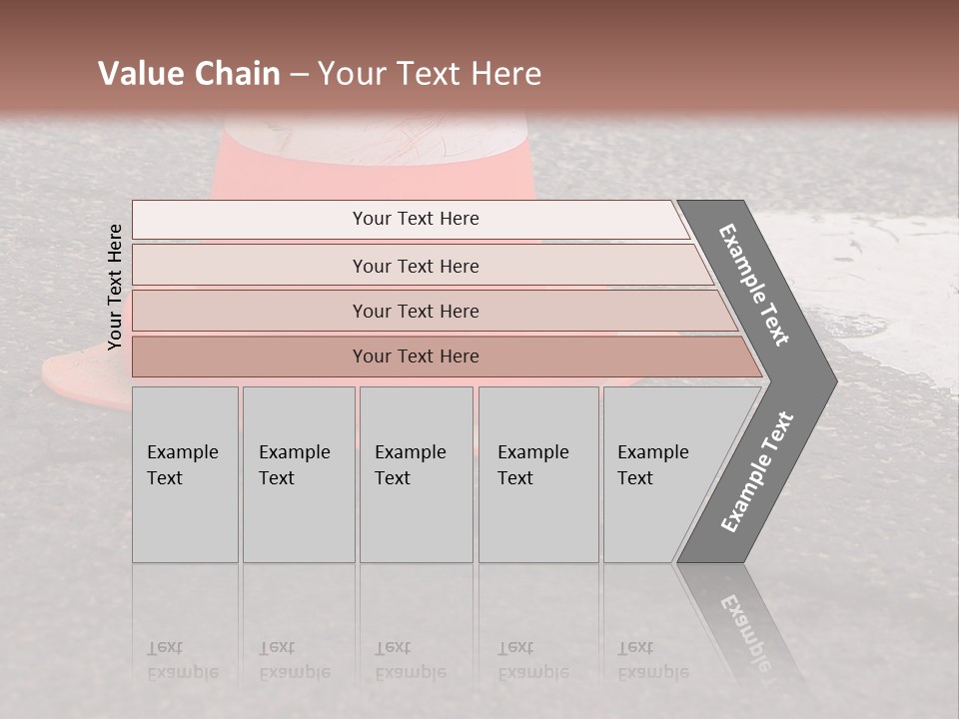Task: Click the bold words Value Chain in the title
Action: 189,74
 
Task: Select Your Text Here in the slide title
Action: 430,74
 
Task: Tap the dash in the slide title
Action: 299,75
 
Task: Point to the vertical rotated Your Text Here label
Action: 115,287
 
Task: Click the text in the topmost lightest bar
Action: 416,219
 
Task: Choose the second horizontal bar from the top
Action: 416,266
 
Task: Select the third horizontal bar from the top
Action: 416,311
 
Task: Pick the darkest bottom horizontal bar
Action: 416,357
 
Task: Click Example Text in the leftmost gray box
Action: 182,465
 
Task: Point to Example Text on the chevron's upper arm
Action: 755,286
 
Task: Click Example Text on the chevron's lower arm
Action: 757,472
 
